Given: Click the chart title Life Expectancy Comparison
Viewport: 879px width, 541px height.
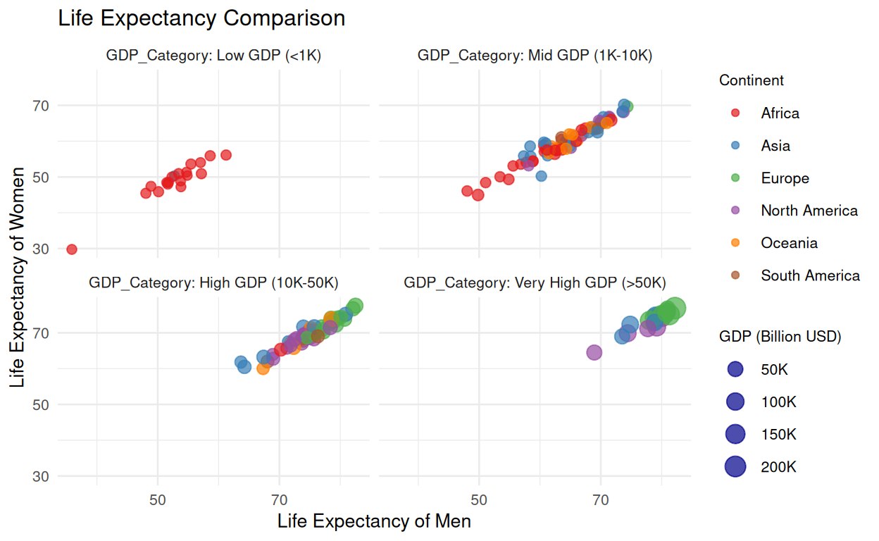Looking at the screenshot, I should tap(201, 18).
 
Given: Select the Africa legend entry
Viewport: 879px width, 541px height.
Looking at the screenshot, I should tap(780, 113).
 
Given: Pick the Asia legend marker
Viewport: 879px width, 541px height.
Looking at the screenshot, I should tap(735, 146).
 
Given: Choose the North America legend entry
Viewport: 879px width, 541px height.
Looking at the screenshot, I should tap(809, 211).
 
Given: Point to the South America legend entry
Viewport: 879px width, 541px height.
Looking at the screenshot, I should tap(810, 275).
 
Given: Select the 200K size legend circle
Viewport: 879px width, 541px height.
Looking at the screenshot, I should tap(735, 466).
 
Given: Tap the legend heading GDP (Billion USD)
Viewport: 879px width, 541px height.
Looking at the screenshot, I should tap(780, 337).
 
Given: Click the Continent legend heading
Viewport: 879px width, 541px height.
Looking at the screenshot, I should tap(752, 81).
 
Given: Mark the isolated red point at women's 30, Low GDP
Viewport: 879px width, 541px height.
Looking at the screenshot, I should tap(71, 249).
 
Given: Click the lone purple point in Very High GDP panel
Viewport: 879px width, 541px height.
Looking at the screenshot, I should tap(594, 352).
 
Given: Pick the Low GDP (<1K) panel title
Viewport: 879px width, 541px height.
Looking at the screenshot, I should tap(213, 56).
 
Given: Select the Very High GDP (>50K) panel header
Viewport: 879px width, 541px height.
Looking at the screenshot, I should tap(535, 283).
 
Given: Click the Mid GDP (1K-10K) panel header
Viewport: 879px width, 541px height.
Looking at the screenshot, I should tap(535, 56).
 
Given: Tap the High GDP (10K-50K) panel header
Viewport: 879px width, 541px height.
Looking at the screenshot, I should tap(213, 283).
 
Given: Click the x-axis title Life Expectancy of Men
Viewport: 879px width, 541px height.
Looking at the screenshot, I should tap(374, 522).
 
